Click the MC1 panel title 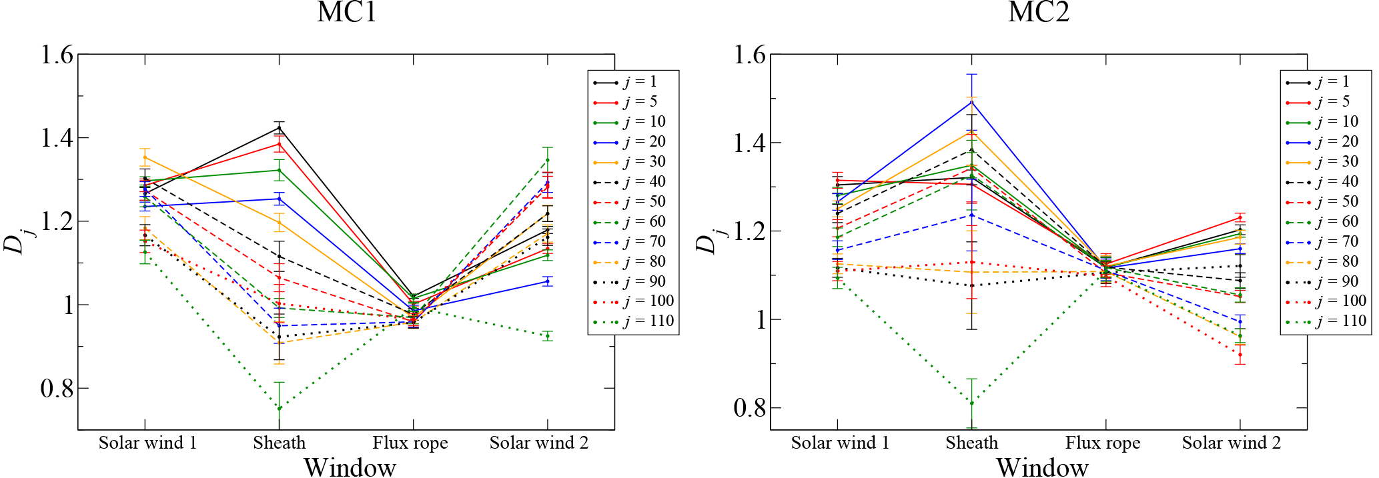click(x=346, y=12)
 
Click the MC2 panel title click(x=1038, y=12)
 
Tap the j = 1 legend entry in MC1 click(x=640, y=82)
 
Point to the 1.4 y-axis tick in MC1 click(x=57, y=138)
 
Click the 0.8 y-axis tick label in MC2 click(x=749, y=408)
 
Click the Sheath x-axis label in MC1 click(x=279, y=443)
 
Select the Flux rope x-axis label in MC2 click(x=1102, y=443)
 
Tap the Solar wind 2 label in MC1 click(x=539, y=443)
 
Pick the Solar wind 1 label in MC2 click(x=840, y=443)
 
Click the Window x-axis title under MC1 click(x=350, y=467)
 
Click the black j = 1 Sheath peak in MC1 click(x=279, y=128)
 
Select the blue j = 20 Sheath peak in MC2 click(x=972, y=102)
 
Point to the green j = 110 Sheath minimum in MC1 click(x=279, y=408)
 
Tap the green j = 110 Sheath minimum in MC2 click(x=972, y=403)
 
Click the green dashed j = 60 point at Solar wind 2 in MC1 click(x=548, y=160)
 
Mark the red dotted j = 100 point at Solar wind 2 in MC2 click(x=1240, y=355)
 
